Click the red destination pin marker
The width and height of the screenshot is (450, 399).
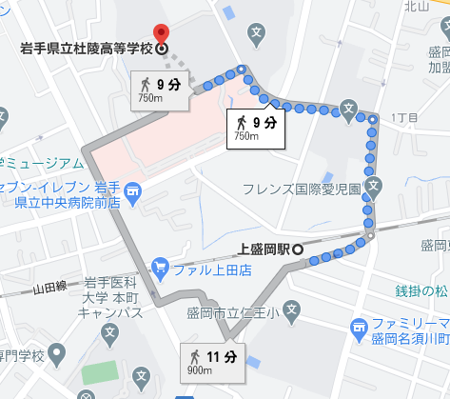point(161,33)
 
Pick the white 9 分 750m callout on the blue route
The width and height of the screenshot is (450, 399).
point(254,127)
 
